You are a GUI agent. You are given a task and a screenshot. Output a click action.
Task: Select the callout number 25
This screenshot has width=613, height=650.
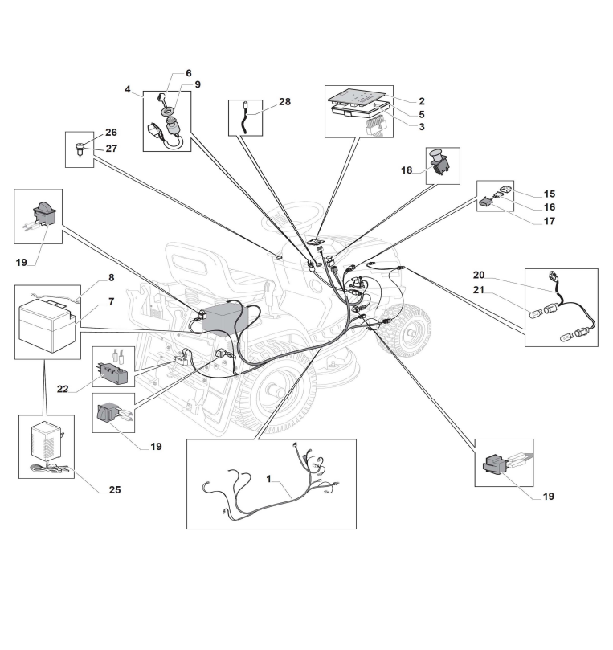click(x=115, y=490)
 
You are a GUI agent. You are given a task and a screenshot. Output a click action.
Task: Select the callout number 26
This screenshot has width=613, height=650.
click(x=111, y=133)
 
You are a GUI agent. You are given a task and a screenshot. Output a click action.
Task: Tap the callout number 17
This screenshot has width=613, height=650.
click(x=549, y=221)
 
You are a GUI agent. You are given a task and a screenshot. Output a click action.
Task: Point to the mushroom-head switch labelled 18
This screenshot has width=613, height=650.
click(x=441, y=163)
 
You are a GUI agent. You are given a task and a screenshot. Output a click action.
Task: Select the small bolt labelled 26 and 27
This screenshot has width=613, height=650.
click(x=80, y=147)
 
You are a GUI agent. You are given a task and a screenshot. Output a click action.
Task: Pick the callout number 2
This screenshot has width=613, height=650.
click(x=421, y=101)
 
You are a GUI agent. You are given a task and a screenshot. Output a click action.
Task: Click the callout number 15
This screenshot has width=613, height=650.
click(x=549, y=194)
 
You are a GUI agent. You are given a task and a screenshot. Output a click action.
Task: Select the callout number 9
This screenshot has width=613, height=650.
click(x=198, y=84)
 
